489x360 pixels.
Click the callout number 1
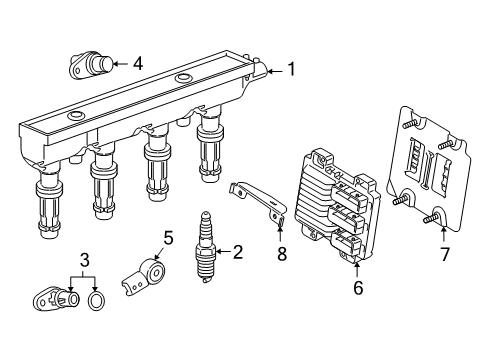coord(292,69)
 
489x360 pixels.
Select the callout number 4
coord(138,63)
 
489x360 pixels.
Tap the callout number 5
coord(168,238)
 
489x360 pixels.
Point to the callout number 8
coord(282,254)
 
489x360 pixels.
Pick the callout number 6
coord(358,287)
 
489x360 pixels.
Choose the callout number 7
coord(445,254)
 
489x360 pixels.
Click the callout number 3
coord(85,260)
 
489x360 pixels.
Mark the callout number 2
coord(238,252)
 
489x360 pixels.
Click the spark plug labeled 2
coord(204,247)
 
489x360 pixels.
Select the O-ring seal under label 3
coord(96,300)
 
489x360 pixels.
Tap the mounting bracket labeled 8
coord(258,204)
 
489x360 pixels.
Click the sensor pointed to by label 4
coord(91,65)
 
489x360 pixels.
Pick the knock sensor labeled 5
coord(143,278)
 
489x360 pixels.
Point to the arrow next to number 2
coord(223,252)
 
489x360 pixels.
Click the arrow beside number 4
coord(121,63)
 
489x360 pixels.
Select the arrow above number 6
coord(357,270)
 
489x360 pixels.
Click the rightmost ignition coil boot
coord(209,147)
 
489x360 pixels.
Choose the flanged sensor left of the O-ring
coord(56,298)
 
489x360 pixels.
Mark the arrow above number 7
coord(444,233)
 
